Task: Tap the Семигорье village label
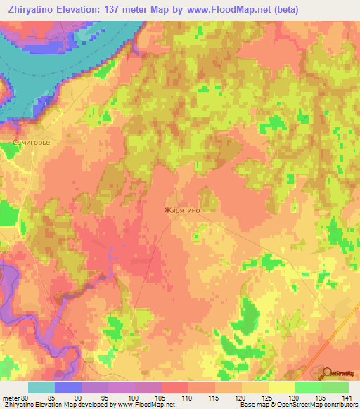[x=30, y=141]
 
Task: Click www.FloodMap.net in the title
[x=217, y=9]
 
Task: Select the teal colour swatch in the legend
[x=41, y=387]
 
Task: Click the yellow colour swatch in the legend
[x=281, y=387]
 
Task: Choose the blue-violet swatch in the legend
[x=68, y=387]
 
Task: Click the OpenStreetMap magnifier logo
[x=328, y=373]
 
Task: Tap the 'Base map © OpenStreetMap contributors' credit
[x=298, y=405]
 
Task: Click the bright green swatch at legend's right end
[x=335, y=387]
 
